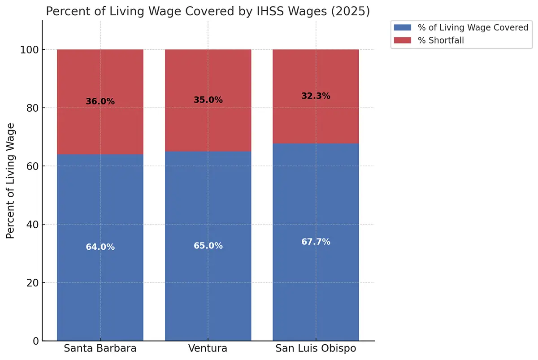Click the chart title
[x=208, y=11]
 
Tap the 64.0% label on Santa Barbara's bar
[x=100, y=247]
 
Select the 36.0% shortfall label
[x=100, y=101]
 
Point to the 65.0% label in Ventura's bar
[x=208, y=246]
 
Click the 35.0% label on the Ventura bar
[x=208, y=100]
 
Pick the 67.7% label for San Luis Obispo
[x=316, y=242]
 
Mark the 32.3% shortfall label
[x=316, y=96]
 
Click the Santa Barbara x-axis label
[x=100, y=349]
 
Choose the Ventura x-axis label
[x=208, y=349]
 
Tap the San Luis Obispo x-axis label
[x=316, y=349]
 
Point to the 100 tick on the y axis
[x=29, y=49]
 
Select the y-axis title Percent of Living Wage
[x=11, y=181]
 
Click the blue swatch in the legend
[x=402, y=28]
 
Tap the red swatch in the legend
[x=402, y=40]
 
